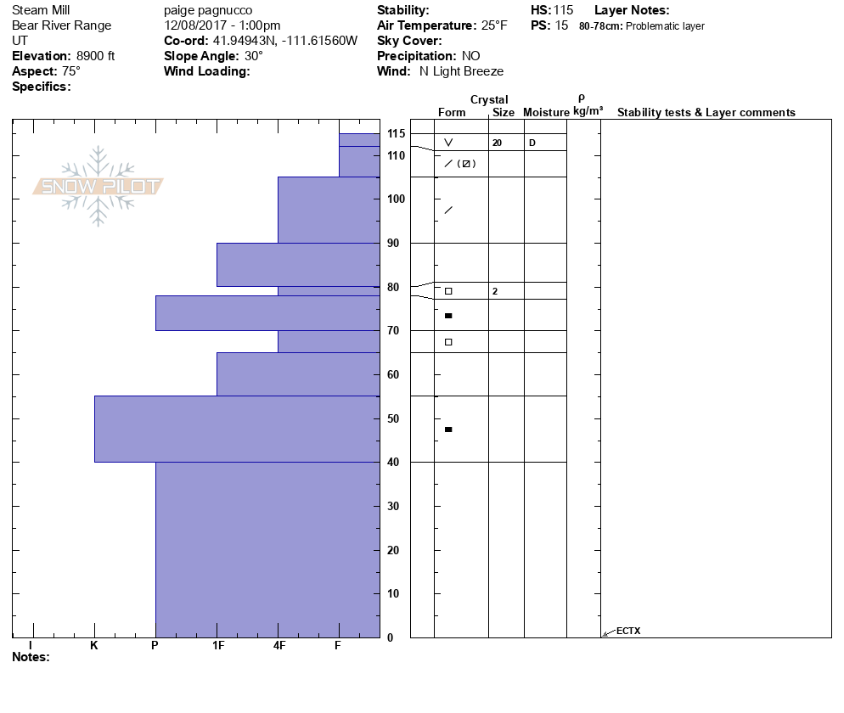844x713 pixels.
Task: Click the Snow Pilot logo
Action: click(98, 187)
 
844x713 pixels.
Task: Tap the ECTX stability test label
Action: click(628, 631)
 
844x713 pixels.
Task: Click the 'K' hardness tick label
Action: click(94, 645)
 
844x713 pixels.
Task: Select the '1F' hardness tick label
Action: click(218, 645)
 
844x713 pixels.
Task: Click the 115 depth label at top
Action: click(396, 134)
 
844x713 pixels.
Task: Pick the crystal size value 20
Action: click(497, 143)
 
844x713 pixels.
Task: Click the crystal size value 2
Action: click(494, 291)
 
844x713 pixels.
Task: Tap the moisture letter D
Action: click(532, 143)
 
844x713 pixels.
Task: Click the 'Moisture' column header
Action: click(546, 113)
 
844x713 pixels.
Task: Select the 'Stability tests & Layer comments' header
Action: click(706, 113)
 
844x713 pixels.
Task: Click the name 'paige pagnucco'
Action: click(204, 10)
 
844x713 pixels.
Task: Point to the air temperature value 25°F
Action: click(494, 25)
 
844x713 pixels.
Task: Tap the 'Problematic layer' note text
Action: click(665, 26)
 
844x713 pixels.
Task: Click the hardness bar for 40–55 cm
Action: click(237, 429)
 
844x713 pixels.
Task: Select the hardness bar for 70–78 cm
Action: click(267, 313)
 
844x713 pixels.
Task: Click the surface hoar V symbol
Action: click(448, 143)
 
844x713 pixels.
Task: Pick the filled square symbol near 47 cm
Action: click(448, 429)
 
